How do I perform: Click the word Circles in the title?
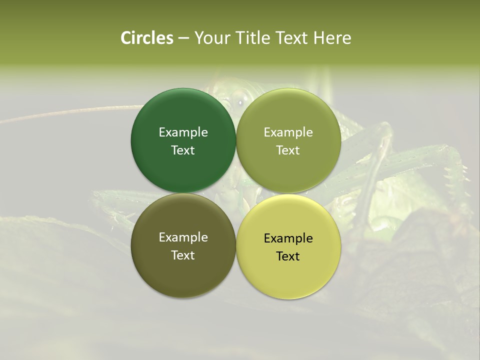click(147, 38)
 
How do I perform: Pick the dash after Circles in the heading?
click(183, 38)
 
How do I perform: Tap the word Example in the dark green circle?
click(183, 132)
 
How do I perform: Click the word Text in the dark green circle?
click(183, 150)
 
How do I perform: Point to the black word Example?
click(288, 238)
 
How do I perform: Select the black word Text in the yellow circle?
click(288, 256)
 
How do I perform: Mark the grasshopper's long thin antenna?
click(75, 112)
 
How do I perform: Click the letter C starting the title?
click(126, 38)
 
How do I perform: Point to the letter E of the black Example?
click(267, 238)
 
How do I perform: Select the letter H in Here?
click(318, 38)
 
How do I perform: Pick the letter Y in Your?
click(198, 38)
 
